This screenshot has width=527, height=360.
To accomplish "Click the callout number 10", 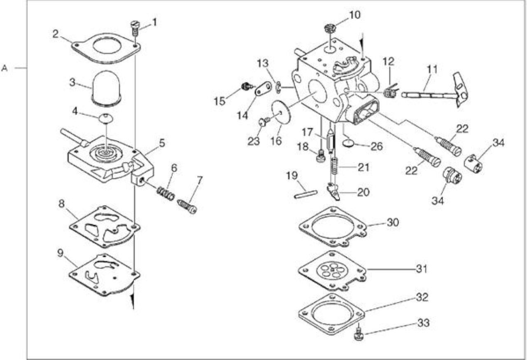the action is (x=354, y=15).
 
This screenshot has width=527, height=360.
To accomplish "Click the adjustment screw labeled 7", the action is (x=187, y=206).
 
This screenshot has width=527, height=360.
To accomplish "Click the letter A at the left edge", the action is (x=5, y=68).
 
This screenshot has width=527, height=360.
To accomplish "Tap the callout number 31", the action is (x=421, y=269).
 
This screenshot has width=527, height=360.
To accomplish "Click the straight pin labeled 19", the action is (x=305, y=194).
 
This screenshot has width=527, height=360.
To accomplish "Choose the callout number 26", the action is (x=377, y=146).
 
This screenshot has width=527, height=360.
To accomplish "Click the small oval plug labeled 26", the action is (x=349, y=143).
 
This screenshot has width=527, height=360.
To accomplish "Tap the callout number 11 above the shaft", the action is (x=432, y=69).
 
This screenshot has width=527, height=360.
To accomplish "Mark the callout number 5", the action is (x=162, y=143).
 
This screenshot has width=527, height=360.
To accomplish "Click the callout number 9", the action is (x=61, y=254).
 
